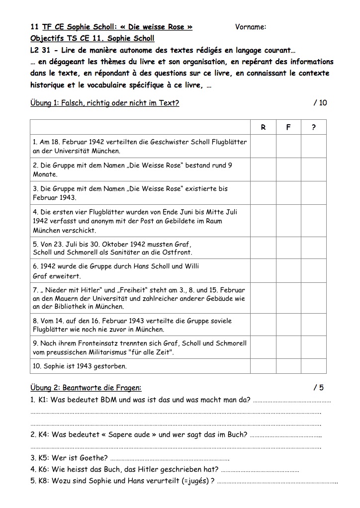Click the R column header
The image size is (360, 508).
[x=263, y=127]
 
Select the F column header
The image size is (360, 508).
[x=288, y=127]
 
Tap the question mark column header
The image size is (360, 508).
[x=314, y=127]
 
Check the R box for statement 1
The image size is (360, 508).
[x=263, y=147]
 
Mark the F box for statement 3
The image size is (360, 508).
[x=288, y=193]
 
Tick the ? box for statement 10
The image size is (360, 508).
[x=314, y=366]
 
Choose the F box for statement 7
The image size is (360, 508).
[x=288, y=299]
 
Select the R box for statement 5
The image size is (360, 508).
[x=263, y=249]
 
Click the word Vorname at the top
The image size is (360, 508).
[x=250, y=27]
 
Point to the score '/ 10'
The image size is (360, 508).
[x=320, y=103]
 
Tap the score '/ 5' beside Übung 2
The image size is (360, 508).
[x=318, y=388]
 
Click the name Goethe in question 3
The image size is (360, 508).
[x=92, y=458]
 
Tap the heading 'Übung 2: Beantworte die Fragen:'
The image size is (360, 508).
[x=86, y=388]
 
